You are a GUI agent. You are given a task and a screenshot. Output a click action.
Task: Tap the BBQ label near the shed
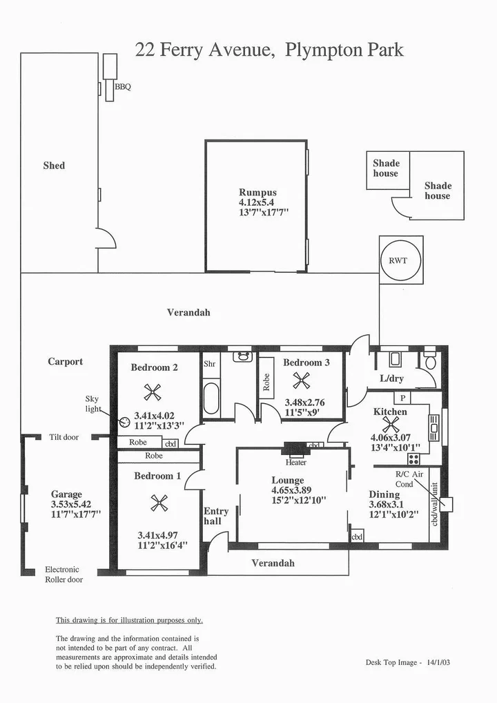(x=122, y=87)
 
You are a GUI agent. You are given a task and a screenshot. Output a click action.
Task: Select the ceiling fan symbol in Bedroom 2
(x=152, y=392)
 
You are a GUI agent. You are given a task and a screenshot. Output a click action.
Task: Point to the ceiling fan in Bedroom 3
(x=301, y=381)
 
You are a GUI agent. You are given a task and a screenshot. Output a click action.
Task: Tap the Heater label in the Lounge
(x=296, y=463)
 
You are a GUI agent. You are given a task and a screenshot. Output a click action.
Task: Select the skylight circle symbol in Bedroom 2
(x=124, y=422)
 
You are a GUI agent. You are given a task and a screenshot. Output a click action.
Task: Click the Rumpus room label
(x=257, y=193)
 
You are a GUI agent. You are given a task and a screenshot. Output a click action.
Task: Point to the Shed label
(x=54, y=166)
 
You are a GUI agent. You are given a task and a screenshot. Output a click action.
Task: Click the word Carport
(x=66, y=361)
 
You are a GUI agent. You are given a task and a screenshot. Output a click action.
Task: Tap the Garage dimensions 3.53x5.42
(x=66, y=504)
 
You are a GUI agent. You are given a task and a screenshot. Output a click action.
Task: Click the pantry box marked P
(x=401, y=398)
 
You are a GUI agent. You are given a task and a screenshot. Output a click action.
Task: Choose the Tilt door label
(x=64, y=437)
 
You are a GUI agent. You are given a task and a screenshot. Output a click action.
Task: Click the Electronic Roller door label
(x=64, y=575)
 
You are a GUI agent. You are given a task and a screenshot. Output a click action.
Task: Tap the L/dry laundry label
(x=392, y=379)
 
